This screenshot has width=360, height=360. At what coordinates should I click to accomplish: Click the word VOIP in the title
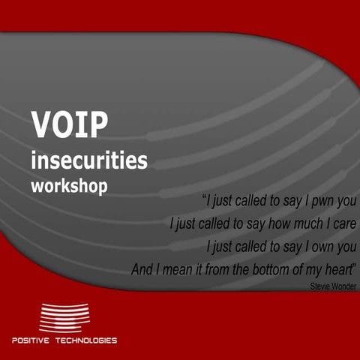coord(65,125)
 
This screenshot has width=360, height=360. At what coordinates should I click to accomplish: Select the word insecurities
coord(89,160)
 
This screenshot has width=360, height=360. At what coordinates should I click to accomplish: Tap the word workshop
coord(69,184)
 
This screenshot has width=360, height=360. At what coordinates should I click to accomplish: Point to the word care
coord(344,223)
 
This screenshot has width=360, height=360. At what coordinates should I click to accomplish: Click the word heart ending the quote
coord(337,268)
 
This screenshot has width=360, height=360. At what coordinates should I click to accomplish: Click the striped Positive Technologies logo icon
coord(64,318)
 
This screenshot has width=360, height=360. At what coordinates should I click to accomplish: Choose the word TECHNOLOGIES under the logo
coord(88,340)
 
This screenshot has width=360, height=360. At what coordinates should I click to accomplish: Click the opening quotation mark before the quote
coord(205,199)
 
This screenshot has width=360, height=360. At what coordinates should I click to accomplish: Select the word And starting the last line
coord(142,268)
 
